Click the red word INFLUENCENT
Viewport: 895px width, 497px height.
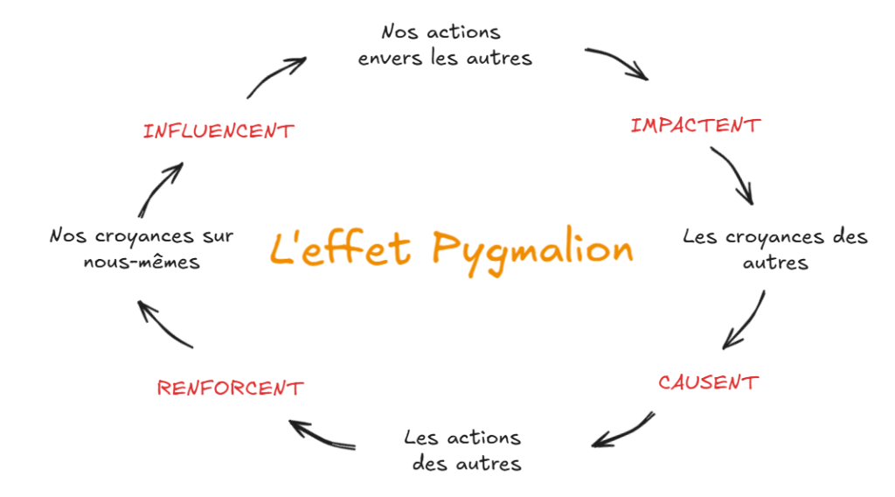219,131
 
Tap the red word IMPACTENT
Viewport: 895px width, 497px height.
695,125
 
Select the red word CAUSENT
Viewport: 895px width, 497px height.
708,382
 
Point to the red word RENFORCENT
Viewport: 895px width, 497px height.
231,388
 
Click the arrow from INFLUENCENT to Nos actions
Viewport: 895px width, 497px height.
274,76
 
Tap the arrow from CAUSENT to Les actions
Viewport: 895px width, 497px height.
622,430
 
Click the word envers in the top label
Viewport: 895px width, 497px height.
390,59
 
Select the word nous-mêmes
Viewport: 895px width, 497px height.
142,262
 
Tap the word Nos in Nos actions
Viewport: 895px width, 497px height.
398,32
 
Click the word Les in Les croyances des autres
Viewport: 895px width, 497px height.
699,236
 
